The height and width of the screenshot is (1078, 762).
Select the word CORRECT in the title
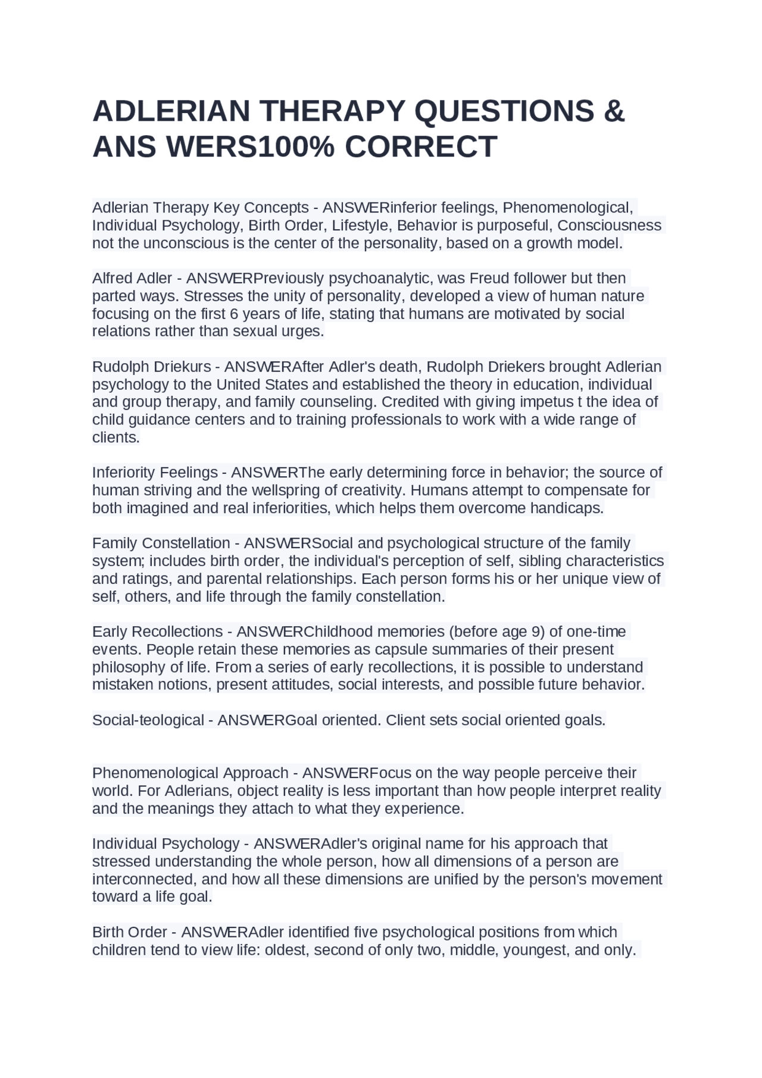[x=420, y=147]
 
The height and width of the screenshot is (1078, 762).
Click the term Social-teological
[x=148, y=720]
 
